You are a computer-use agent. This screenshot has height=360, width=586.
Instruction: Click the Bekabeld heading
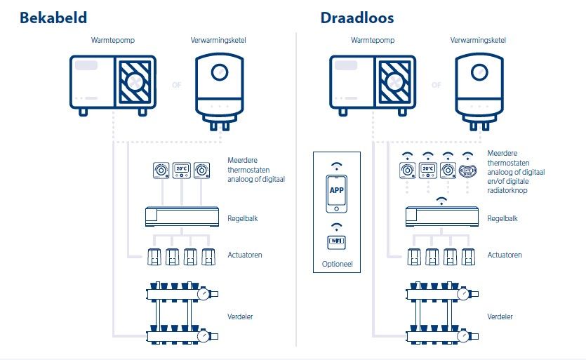pos(53,18)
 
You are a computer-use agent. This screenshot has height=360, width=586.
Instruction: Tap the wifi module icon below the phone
pos(338,241)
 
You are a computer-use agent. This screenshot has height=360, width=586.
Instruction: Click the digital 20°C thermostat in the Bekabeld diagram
pos(182,170)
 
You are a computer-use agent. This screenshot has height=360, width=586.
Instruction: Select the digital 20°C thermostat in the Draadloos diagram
pos(427,170)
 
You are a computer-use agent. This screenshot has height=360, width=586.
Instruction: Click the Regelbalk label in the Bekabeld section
pos(243,218)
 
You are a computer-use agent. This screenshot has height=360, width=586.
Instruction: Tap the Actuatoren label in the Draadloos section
pos(505,255)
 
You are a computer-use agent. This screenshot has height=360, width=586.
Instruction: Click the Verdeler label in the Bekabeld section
pos(240,317)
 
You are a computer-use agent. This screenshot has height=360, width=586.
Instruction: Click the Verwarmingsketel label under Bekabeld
pos(218,40)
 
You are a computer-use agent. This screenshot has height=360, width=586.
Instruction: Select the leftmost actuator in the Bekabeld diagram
pos(152,257)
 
